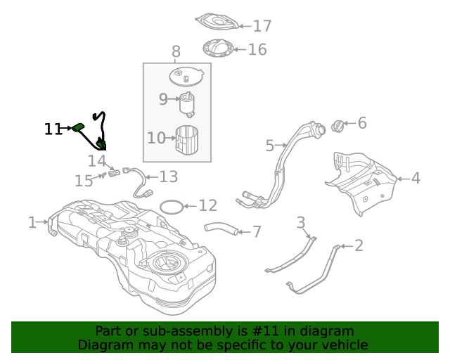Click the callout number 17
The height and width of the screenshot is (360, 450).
click(x=262, y=26)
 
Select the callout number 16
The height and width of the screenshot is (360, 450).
click(x=257, y=49)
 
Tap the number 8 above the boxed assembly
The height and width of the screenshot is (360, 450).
click(x=176, y=51)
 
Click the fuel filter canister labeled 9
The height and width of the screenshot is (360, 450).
click(x=188, y=103)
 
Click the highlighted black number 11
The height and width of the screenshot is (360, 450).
click(x=53, y=129)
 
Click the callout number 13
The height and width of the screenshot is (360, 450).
click(x=169, y=176)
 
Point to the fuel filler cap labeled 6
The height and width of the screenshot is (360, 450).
click(x=338, y=126)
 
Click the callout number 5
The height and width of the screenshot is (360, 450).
click(x=270, y=146)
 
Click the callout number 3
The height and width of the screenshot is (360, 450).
click(x=301, y=224)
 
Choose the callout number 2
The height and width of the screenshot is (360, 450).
click(x=359, y=245)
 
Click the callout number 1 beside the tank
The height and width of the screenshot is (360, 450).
click(x=32, y=223)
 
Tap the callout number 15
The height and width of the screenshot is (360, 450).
click(x=84, y=181)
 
